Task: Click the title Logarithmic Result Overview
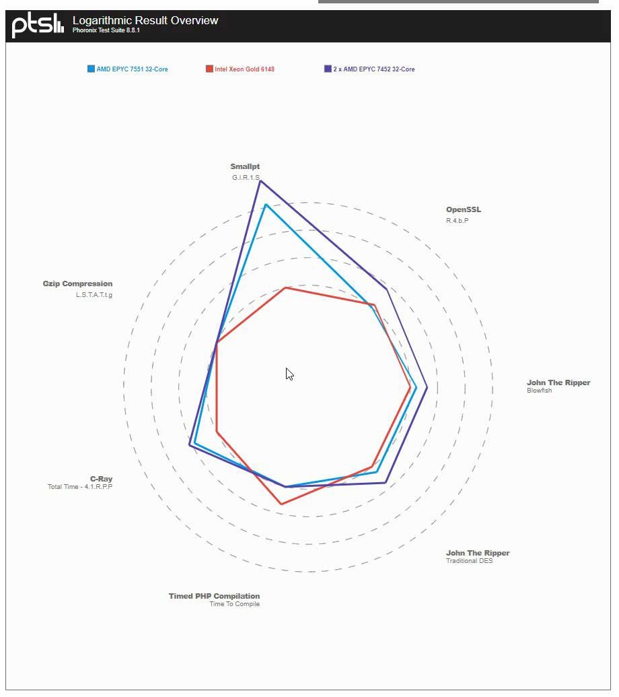pyautogui.click(x=145, y=20)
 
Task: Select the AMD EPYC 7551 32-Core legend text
pyautogui.click(x=132, y=69)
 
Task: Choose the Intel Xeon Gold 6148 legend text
pyautogui.click(x=244, y=69)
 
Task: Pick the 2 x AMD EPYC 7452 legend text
pyautogui.click(x=373, y=69)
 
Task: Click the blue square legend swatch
pyautogui.click(x=91, y=69)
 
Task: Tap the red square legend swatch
pyautogui.click(x=209, y=69)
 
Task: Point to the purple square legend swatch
pyautogui.click(x=328, y=69)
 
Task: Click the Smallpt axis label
pyautogui.click(x=245, y=166)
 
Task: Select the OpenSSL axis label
pyautogui.click(x=464, y=209)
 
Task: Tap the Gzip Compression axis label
pyautogui.click(x=77, y=284)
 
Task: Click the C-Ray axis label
pyautogui.click(x=101, y=479)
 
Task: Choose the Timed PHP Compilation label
pyautogui.click(x=214, y=596)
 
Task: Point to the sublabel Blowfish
pyautogui.click(x=539, y=391)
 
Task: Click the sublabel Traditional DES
pyautogui.click(x=469, y=561)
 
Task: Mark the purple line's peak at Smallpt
pyautogui.click(x=260, y=180)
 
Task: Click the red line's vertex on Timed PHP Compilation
pyautogui.click(x=281, y=504)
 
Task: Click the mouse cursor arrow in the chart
pyautogui.click(x=289, y=374)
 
